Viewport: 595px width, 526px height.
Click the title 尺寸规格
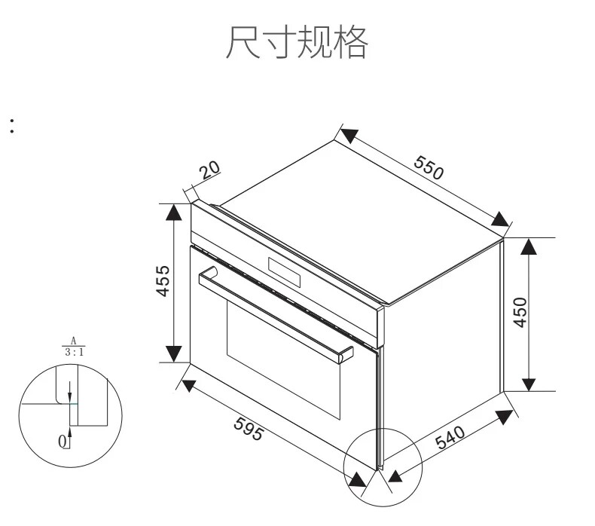[297, 42]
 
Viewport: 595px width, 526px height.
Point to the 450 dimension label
[519, 312]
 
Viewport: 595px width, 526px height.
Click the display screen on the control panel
[284, 272]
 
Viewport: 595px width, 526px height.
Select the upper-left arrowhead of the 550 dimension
[347, 136]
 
